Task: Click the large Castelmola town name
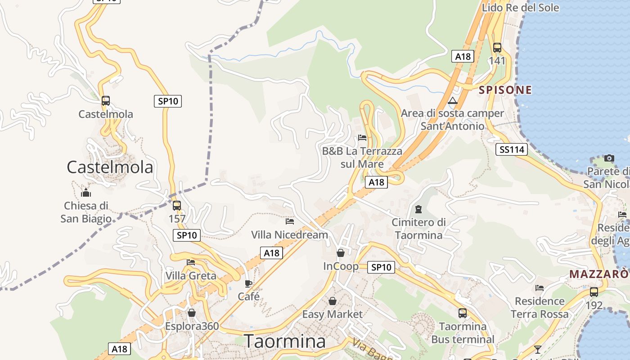[x=110, y=167]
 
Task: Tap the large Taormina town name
[x=284, y=342]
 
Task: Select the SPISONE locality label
[x=505, y=90]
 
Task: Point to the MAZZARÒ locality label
[x=599, y=274]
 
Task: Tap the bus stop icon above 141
[x=497, y=47]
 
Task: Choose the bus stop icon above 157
[x=177, y=206]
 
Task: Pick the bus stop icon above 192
[x=594, y=292]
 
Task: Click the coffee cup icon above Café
[x=248, y=283]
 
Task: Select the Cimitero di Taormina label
[x=418, y=229]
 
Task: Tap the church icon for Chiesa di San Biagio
[x=86, y=193]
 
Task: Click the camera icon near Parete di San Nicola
[x=609, y=158]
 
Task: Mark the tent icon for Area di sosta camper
[x=453, y=100]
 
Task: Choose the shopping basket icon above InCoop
[x=341, y=253]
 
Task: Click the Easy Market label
[x=332, y=314]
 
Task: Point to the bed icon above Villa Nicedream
[x=290, y=221]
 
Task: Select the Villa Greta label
[x=191, y=275]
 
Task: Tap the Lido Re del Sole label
[x=520, y=8]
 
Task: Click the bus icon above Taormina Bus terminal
[x=463, y=313]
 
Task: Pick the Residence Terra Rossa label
[x=540, y=307]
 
